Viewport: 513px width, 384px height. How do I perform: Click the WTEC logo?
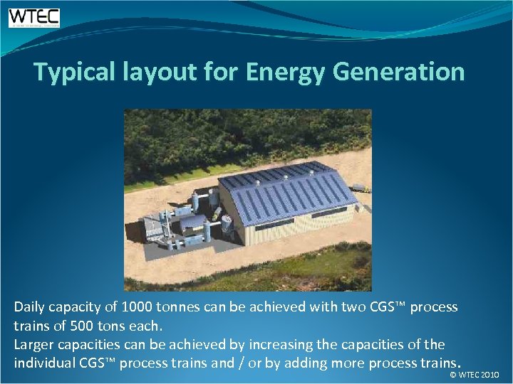tap(34, 18)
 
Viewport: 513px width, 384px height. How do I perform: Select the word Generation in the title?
tap(400, 72)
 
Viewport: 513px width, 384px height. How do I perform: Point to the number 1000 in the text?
tap(136, 308)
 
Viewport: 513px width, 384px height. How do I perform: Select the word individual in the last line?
tap(44, 363)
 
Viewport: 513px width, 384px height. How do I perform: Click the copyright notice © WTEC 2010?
tap(475, 374)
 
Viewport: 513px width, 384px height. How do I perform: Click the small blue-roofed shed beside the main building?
tap(192, 223)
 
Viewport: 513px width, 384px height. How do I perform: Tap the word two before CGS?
tap(356, 308)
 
